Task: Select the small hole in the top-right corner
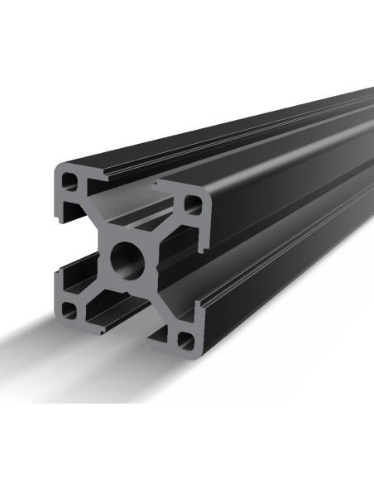click(x=191, y=201)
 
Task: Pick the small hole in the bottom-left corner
click(x=70, y=311)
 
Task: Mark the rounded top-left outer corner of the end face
click(x=59, y=170)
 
